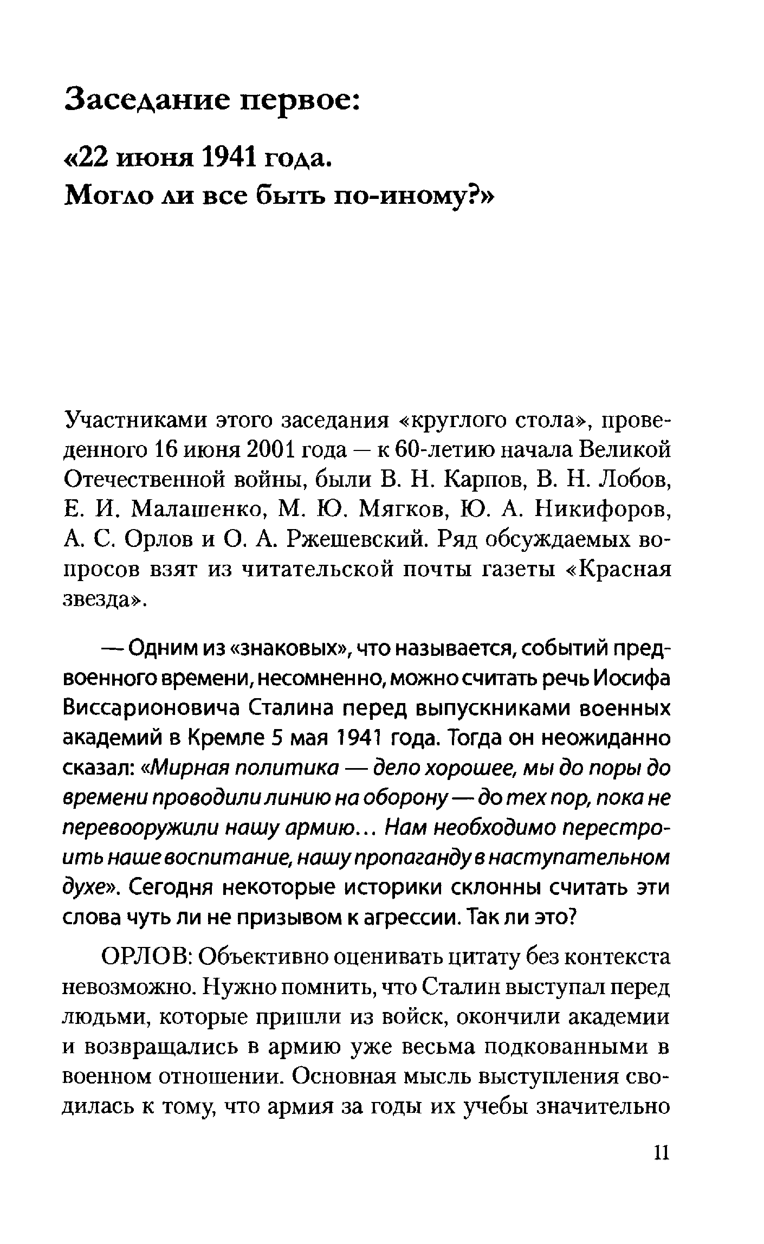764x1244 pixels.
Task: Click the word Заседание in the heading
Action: [146, 98]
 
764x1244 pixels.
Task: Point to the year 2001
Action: [269, 449]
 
